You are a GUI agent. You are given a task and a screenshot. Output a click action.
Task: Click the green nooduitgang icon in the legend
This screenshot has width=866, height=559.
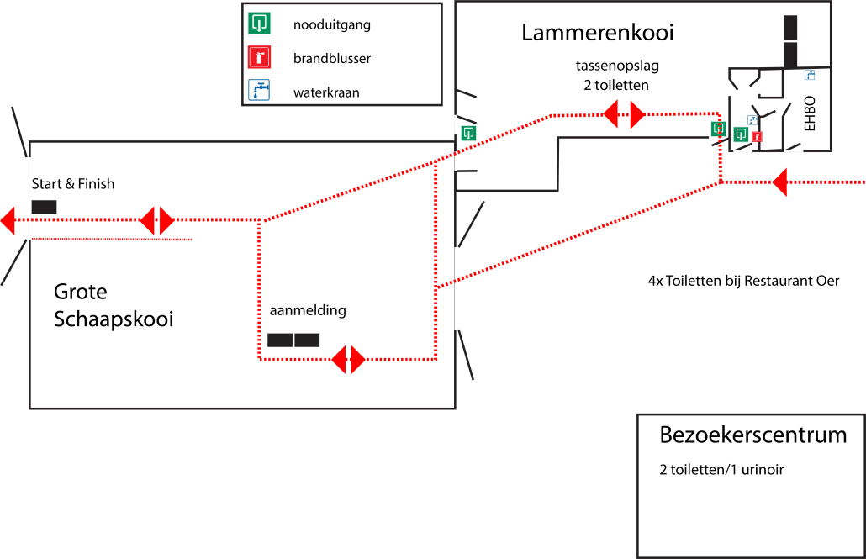point(259,24)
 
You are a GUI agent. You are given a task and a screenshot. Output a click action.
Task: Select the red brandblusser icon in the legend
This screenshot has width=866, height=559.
point(259,57)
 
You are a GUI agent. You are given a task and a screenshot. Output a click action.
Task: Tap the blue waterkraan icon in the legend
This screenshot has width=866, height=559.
point(259,90)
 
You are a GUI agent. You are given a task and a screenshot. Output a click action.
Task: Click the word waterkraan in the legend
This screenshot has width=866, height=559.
point(326,92)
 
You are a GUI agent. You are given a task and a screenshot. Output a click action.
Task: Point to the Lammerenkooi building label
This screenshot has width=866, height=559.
point(598,33)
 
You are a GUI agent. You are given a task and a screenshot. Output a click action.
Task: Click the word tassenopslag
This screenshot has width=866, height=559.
point(617,66)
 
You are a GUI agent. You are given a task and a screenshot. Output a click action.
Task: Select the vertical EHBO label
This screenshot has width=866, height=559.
point(810,113)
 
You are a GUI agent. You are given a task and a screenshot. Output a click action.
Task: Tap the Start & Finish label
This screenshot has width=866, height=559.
point(73,183)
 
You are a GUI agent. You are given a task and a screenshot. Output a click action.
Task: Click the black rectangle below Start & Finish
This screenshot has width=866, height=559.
point(45,207)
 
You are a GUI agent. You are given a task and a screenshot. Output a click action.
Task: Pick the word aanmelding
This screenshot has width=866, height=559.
point(308,310)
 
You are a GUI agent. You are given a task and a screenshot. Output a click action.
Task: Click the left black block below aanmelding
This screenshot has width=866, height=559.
point(280,340)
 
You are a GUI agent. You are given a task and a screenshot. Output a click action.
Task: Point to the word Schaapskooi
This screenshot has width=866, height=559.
point(114,319)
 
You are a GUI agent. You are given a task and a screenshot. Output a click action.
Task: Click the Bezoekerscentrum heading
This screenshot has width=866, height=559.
point(752,435)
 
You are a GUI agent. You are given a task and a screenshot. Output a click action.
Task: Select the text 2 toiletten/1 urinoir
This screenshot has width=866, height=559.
point(721,470)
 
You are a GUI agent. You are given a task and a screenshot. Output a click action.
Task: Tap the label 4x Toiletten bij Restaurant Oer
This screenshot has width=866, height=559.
point(743,281)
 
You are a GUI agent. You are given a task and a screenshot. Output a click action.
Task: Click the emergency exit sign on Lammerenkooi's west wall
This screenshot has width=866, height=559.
point(468,133)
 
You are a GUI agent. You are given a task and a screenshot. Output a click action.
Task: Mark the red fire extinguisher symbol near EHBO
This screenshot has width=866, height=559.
point(757,136)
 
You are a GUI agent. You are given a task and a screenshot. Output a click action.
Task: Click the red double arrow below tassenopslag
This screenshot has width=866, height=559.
point(624,114)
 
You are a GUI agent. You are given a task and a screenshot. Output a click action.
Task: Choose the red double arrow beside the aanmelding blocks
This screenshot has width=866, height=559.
point(348,360)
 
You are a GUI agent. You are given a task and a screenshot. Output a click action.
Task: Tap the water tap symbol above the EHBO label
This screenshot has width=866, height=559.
point(810,75)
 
